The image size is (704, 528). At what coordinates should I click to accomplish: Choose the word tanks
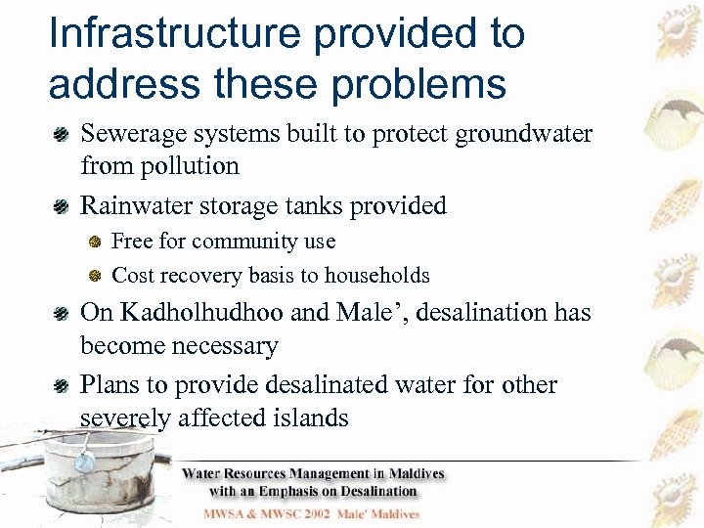tap(305, 205)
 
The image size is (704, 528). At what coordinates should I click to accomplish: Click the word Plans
tap(110, 384)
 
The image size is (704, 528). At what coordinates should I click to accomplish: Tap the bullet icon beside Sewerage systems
tap(61, 134)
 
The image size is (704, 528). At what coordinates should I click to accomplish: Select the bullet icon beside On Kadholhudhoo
tap(61, 314)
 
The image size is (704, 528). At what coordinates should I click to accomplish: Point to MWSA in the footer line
tap(229, 513)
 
